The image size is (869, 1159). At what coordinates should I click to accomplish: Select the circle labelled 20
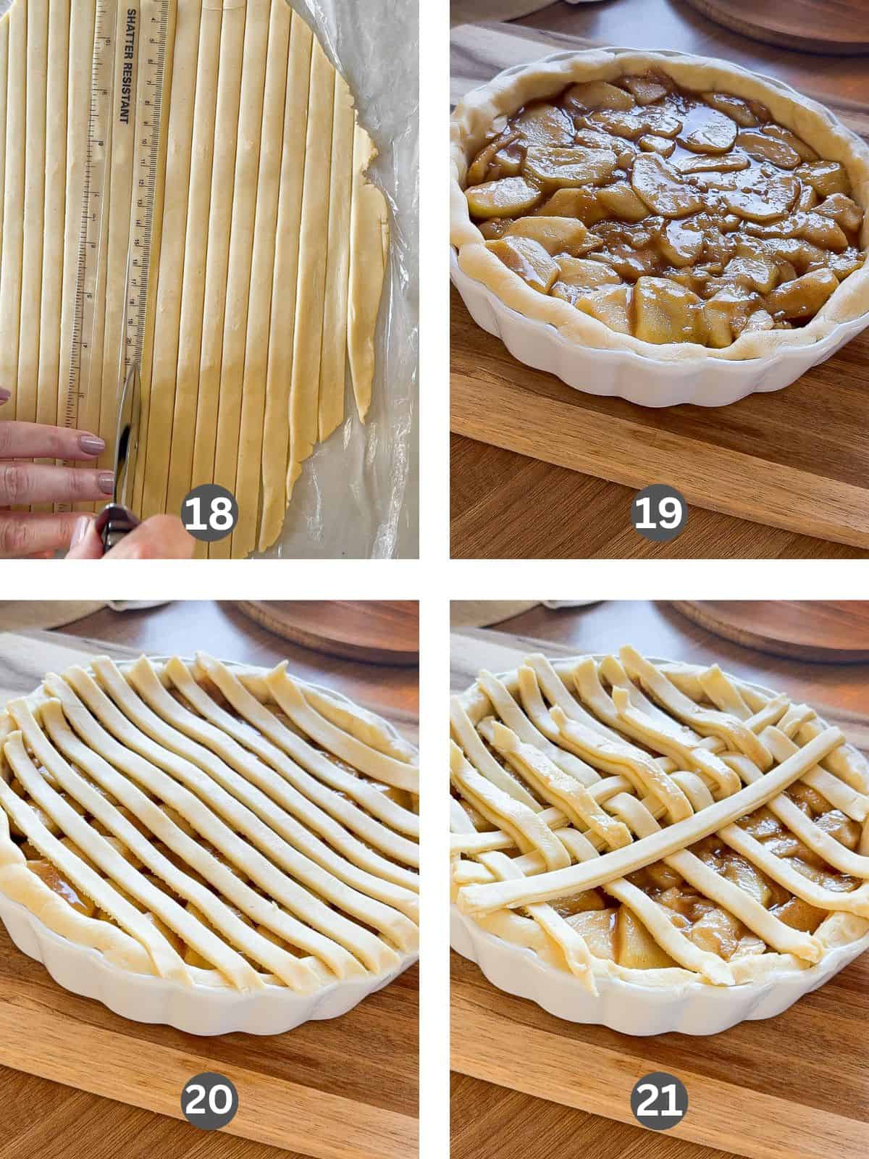click(x=209, y=1100)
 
